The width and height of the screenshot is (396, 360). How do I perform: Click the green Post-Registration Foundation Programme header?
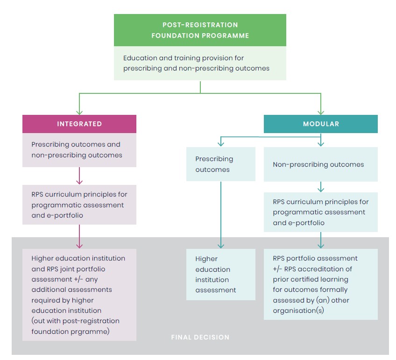pyautogui.click(x=200, y=30)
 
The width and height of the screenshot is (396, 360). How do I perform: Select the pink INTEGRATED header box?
pyautogui.click(x=79, y=124)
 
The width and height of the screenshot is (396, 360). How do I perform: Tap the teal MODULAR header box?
pyautogui.click(x=320, y=124)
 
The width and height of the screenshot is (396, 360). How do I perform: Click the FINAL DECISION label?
pyautogui.click(x=200, y=337)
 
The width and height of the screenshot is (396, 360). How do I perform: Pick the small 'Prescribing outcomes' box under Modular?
pyautogui.click(x=220, y=164)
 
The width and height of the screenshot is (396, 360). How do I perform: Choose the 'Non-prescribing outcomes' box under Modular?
pyautogui.click(x=320, y=164)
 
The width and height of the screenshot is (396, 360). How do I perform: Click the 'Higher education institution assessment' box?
pyautogui.click(x=220, y=274)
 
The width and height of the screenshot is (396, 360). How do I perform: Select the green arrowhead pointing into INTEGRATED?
pyautogui.click(x=79, y=112)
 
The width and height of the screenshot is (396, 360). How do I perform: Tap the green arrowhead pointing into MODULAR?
pyautogui.click(x=320, y=112)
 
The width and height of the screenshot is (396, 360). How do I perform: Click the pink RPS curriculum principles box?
pyautogui.click(x=79, y=205)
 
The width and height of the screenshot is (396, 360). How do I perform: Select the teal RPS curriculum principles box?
pyautogui.click(x=320, y=212)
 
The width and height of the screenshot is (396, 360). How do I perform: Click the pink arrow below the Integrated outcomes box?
pyautogui.click(x=79, y=176)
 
